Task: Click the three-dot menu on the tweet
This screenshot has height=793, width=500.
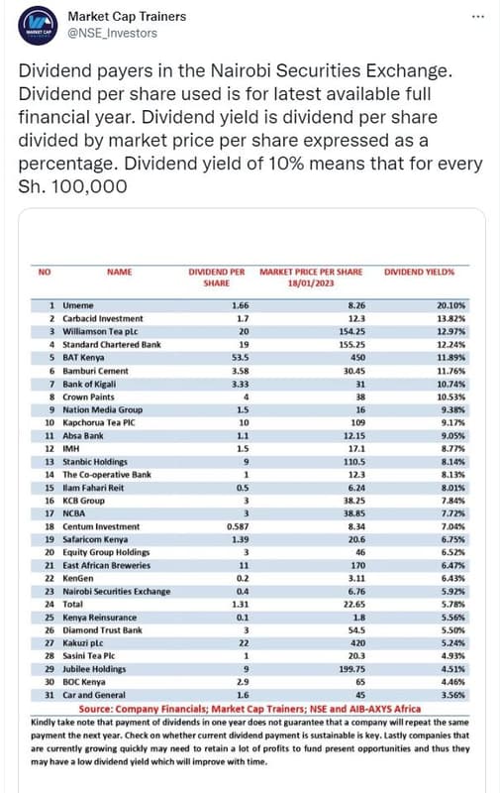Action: (x=477, y=17)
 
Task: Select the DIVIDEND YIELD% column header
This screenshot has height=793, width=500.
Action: (x=419, y=271)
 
